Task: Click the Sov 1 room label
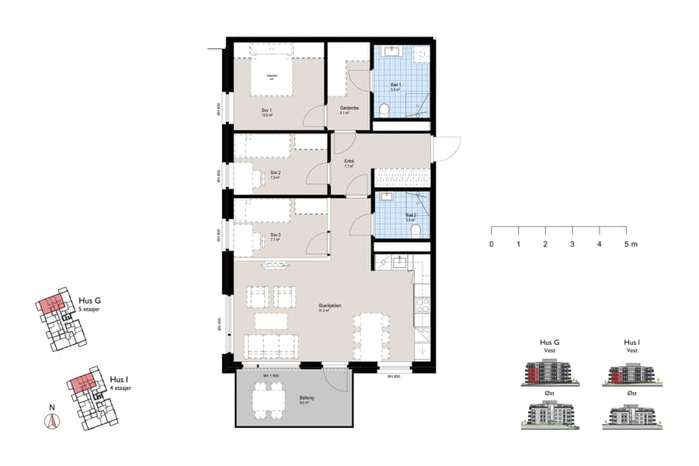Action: [x=267, y=112]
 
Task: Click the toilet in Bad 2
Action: [x=416, y=230]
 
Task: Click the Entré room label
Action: [x=349, y=162]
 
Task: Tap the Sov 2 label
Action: [x=274, y=175]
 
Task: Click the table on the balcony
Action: [x=266, y=401]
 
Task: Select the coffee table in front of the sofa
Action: [x=270, y=320]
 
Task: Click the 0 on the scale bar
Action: [x=491, y=244]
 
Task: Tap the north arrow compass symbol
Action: [x=52, y=420]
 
